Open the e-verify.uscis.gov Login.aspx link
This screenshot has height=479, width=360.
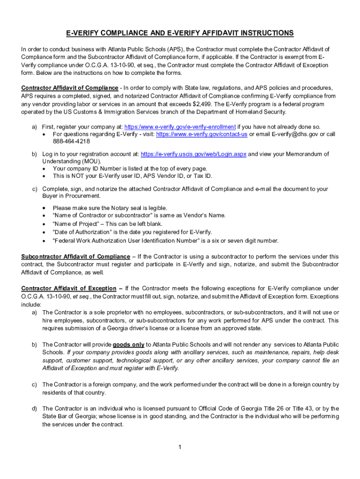point(193,154)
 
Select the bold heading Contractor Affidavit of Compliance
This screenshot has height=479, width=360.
point(70,88)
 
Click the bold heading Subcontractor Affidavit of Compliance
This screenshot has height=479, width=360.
point(76,256)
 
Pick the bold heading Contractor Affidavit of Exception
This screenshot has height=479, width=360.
point(69,288)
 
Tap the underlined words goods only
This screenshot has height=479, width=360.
point(129,345)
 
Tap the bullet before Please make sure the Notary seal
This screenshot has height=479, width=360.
point(44,208)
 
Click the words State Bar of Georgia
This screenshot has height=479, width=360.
point(70,416)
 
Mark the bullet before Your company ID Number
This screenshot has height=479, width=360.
point(44,168)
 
